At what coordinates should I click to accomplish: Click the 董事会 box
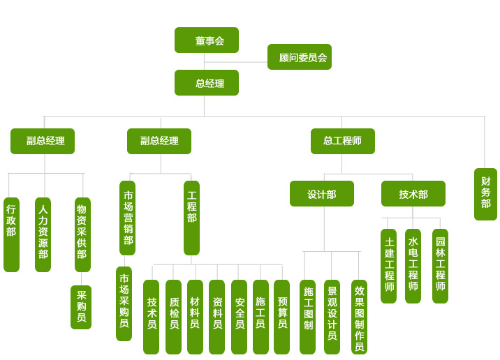pyautogui.click(x=206, y=40)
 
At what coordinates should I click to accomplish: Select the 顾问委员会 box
pyautogui.click(x=299, y=57)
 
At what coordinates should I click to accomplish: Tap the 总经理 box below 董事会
pyautogui.click(x=206, y=83)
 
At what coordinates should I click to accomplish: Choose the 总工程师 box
pyautogui.click(x=342, y=141)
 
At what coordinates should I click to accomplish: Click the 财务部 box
pyautogui.click(x=485, y=194)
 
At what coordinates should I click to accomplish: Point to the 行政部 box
pyautogui.click(x=11, y=234)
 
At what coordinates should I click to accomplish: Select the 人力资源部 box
pyautogui.click(x=43, y=234)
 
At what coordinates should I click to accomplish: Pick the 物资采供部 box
pyautogui.click(x=82, y=234)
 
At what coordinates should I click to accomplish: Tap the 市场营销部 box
pyautogui.click(x=127, y=218)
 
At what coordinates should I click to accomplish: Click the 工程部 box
pyautogui.click(x=191, y=218)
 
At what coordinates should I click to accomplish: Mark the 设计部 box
pyautogui.click(x=321, y=194)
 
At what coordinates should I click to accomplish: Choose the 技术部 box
pyautogui.click(x=413, y=194)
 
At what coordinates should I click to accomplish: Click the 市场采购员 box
pyautogui.click(x=124, y=303)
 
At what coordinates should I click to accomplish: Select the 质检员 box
pyautogui.click(x=173, y=317)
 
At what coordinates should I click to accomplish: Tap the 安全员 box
pyautogui.click(x=239, y=317)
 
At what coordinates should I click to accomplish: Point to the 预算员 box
pyautogui.click(x=281, y=317)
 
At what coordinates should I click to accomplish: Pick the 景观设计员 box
pyautogui.click(x=332, y=317)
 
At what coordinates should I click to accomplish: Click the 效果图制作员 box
pyautogui.click(x=359, y=317)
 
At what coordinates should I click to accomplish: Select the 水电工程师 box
pyautogui.click(x=413, y=266)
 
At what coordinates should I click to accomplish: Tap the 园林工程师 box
pyautogui.click(x=440, y=266)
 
